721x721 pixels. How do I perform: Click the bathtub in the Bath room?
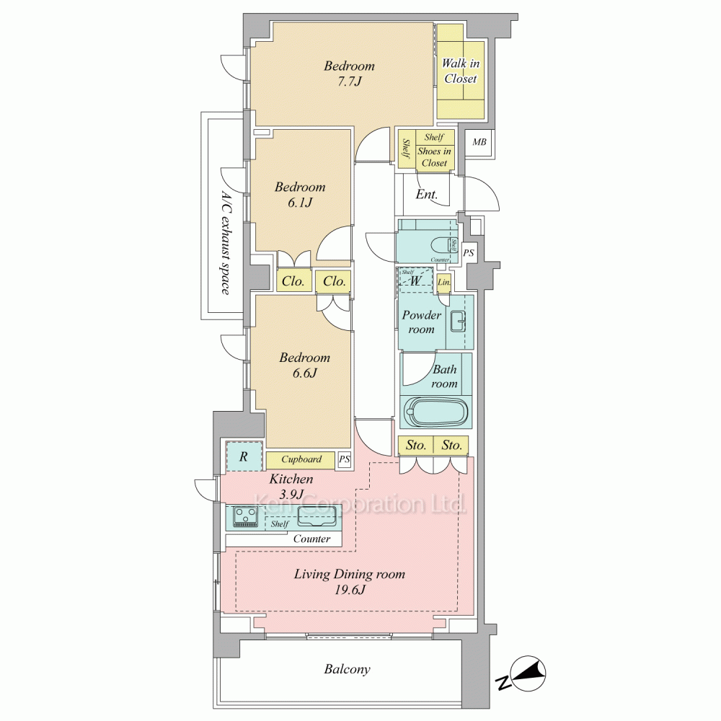coord(438,413)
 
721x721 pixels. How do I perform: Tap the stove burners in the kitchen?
coord(246,516)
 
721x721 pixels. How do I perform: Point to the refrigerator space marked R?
coord(243,456)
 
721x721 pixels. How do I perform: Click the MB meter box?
coord(479,142)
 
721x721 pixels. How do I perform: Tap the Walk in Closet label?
coord(461,71)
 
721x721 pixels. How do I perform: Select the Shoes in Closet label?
coord(434,157)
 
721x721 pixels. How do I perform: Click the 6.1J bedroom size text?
coord(299,203)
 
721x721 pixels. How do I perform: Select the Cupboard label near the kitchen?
coord(301,459)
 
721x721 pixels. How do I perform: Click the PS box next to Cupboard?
coord(345,459)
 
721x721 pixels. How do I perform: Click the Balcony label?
coord(347,669)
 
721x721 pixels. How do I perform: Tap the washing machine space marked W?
coord(416,280)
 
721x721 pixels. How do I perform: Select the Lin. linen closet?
coord(445,283)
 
